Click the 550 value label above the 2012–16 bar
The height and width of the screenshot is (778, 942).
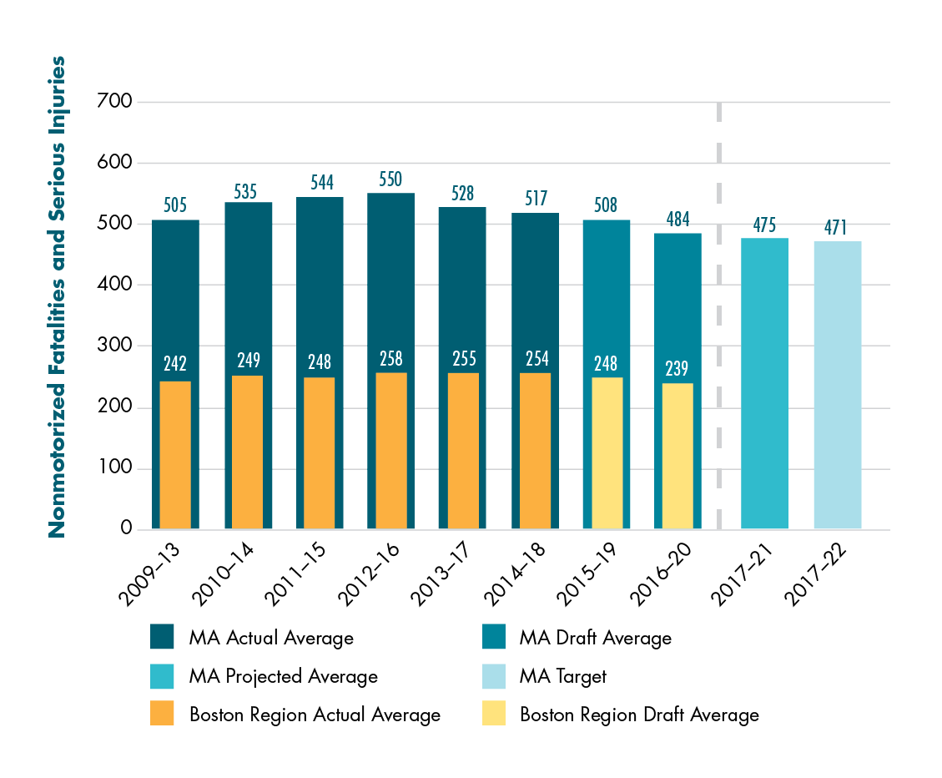click(x=390, y=179)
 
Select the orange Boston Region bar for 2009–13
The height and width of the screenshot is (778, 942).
click(x=175, y=455)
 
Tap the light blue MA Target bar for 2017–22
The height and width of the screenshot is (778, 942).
click(x=837, y=385)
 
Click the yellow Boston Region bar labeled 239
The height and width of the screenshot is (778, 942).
click(x=678, y=455)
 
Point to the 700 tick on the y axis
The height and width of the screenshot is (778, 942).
click(x=115, y=102)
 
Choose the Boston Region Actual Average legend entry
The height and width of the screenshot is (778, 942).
click(x=314, y=715)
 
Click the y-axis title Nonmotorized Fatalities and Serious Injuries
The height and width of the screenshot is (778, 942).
click(x=57, y=296)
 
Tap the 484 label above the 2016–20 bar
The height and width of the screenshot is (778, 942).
click(x=678, y=220)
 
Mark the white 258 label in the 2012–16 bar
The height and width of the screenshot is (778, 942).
click(x=390, y=359)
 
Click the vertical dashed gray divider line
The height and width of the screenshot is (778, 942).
click(x=718, y=317)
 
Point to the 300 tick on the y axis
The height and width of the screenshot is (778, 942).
click(x=115, y=346)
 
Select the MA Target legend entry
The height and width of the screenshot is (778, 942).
click(x=562, y=677)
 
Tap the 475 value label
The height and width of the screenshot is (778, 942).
click(x=764, y=225)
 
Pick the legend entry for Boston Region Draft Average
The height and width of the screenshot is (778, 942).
click(x=638, y=715)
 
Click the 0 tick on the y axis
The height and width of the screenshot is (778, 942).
click(x=126, y=528)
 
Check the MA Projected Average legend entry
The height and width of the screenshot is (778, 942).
click(x=283, y=677)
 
